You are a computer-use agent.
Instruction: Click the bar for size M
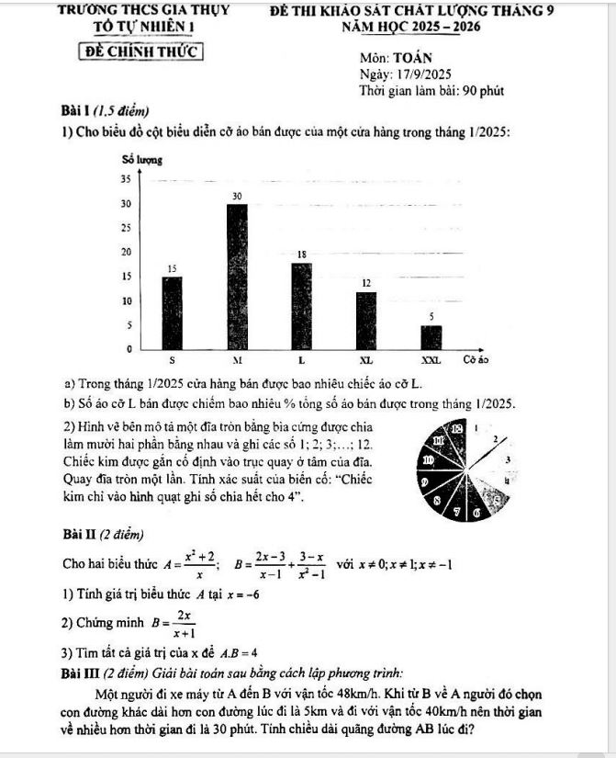(x=237, y=277)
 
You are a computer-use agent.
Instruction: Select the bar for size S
(x=172, y=312)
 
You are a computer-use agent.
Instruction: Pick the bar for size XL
(x=366, y=320)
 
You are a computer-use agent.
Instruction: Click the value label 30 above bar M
(x=237, y=196)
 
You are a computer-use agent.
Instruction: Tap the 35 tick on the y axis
(x=126, y=178)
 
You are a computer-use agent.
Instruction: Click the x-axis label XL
(x=365, y=359)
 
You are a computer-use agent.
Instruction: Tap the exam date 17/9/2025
(x=418, y=74)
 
